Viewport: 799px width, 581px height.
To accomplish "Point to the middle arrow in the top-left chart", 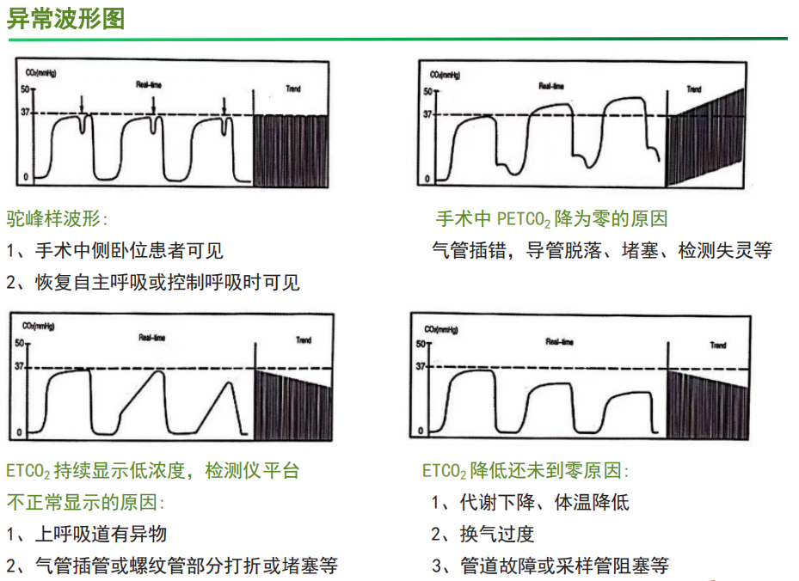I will (153, 104).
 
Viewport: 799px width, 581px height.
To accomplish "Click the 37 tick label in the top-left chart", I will (25, 113).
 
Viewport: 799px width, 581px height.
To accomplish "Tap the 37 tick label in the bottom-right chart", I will (421, 366).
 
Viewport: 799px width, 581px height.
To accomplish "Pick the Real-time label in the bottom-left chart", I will (151, 338).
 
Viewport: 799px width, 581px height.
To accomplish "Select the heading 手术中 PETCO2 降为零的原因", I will (551, 219).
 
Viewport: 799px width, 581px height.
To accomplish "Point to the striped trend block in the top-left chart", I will (292, 149).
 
